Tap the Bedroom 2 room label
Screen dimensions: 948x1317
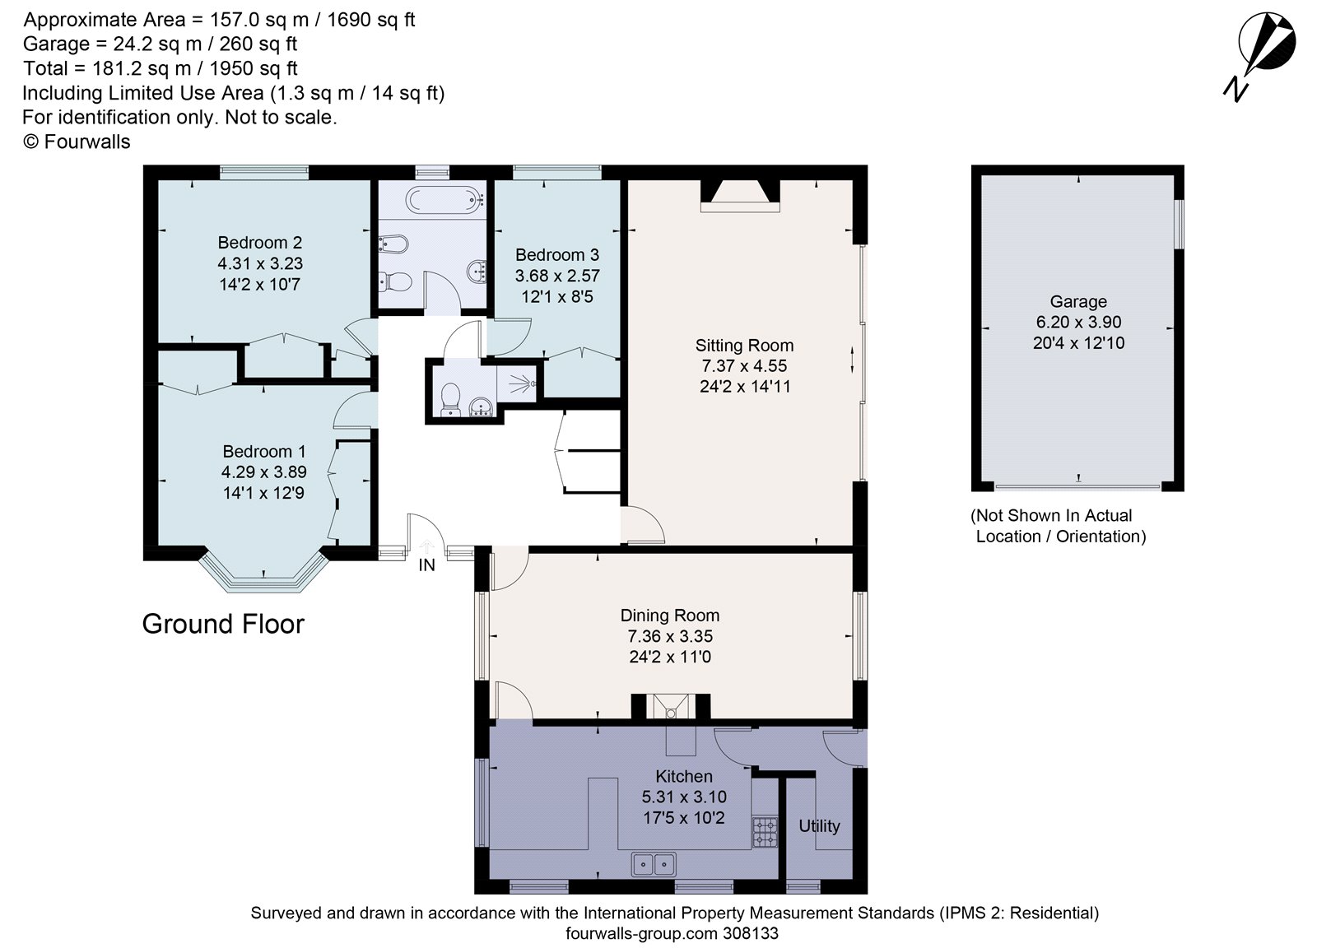click(x=259, y=243)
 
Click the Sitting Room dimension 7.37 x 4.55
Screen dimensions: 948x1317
click(x=743, y=366)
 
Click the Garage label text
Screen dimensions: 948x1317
click(x=1077, y=302)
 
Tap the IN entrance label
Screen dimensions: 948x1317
click(x=426, y=565)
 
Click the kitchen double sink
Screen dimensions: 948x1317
click(x=654, y=864)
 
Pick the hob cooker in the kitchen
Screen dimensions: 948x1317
click(x=765, y=833)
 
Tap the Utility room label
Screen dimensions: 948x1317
click(x=819, y=826)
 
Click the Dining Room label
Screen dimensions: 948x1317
click(x=669, y=616)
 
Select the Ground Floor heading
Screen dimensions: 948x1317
click(x=223, y=624)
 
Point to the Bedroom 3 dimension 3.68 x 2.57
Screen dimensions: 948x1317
click(x=557, y=276)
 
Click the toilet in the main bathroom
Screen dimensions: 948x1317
click(x=397, y=282)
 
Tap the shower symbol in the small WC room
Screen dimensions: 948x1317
click(x=520, y=383)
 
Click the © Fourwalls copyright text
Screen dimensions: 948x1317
click(x=77, y=142)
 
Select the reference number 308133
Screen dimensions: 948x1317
click(x=750, y=933)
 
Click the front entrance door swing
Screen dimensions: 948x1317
click(x=426, y=533)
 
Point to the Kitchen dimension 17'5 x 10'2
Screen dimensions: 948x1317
click(x=683, y=818)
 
